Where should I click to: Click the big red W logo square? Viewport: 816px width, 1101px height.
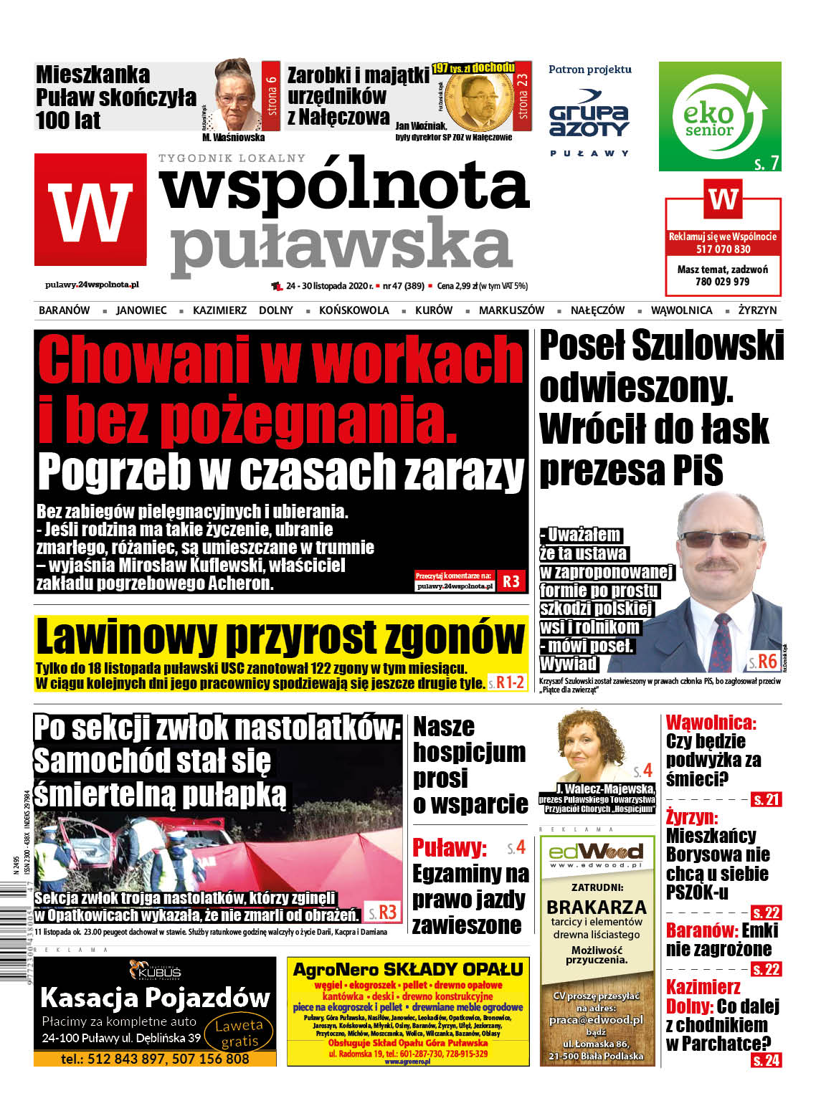tap(90, 210)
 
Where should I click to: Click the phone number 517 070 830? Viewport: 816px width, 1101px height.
tap(723, 249)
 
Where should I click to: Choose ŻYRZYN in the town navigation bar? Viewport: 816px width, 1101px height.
tap(757, 310)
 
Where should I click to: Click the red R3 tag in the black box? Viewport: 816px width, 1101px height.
tap(511, 581)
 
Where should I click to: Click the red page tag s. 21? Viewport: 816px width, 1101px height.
tap(766, 799)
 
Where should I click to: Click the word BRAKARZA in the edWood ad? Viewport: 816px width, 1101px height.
tap(596, 907)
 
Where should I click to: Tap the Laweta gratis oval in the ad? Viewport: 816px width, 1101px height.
tap(239, 1033)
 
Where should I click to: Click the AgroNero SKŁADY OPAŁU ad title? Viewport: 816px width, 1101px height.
tap(407, 970)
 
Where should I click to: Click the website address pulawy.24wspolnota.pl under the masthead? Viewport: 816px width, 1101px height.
tap(92, 285)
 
